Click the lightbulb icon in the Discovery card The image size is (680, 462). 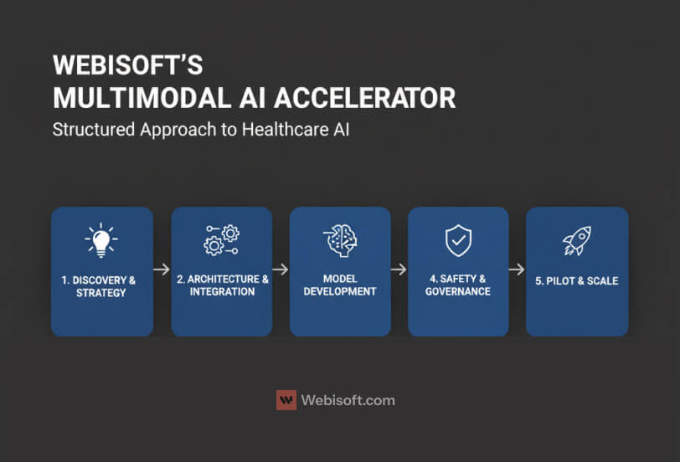coord(101,239)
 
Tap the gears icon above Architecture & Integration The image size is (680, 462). coord(221,240)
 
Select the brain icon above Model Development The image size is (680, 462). coord(340,240)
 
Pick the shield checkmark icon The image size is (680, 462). coord(458,241)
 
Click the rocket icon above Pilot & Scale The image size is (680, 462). coord(576,241)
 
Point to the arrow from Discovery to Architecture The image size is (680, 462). coord(162,270)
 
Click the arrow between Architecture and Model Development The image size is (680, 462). coord(281,270)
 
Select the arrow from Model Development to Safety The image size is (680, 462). coord(399,270)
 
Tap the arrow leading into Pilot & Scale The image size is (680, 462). coord(517,270)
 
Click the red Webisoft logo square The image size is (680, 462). coord(286,400)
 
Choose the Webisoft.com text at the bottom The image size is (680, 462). coord(348,400)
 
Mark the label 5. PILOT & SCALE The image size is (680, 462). coord(576,280)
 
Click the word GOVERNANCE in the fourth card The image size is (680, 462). coord(457,291)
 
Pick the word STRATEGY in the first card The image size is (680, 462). coord(101,293)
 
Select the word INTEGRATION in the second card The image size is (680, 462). coord(221,291)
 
